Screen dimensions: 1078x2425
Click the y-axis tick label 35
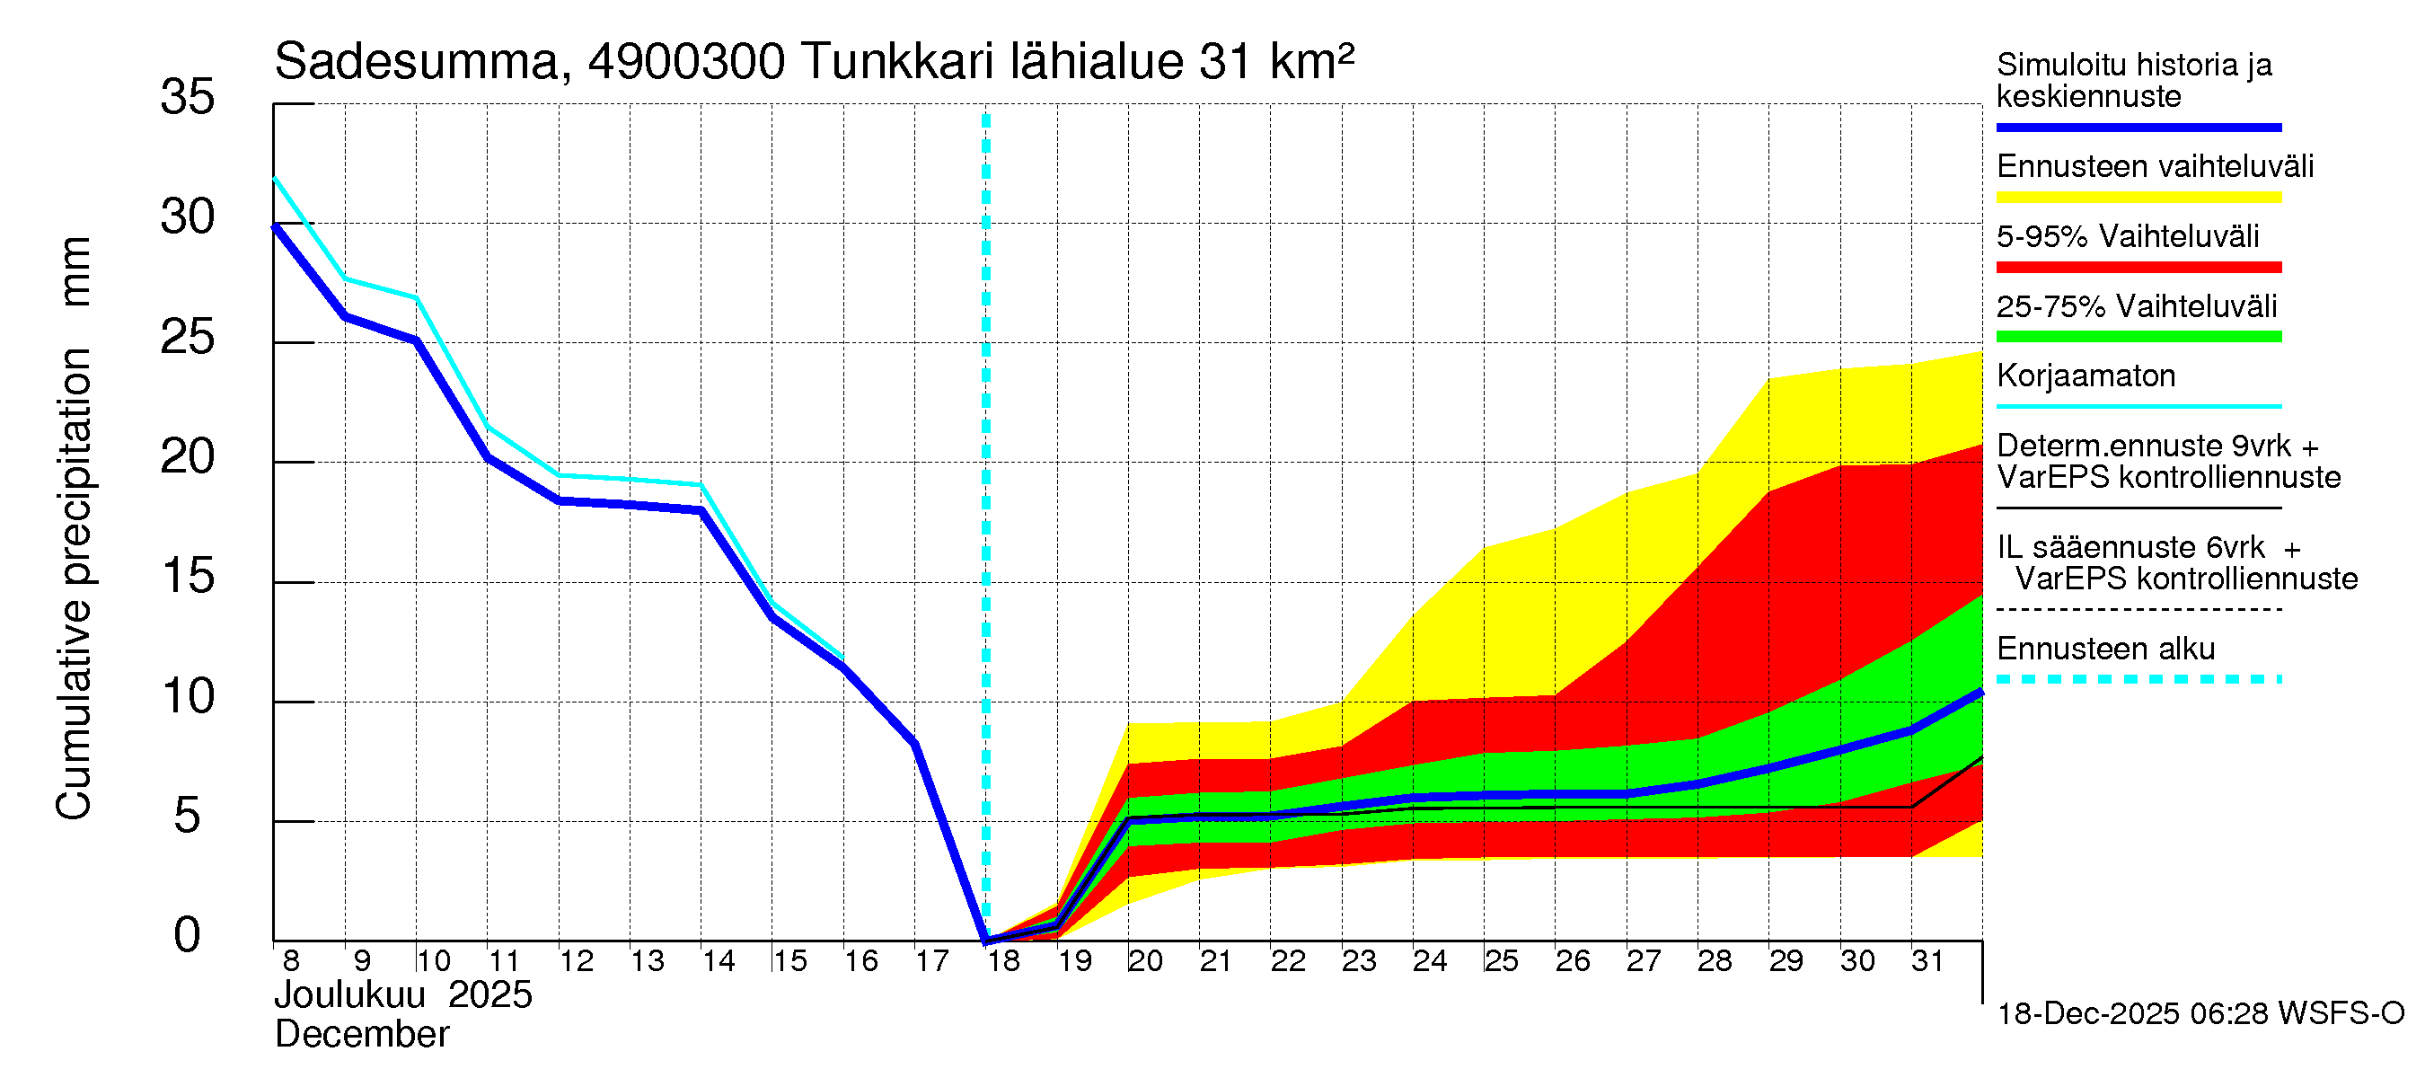tap(188, 97)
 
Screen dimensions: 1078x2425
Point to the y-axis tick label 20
tap(188, 457)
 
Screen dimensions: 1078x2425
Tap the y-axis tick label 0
tap(188, 936)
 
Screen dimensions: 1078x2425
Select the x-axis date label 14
tap(719, 961)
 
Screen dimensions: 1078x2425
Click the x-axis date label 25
tap(1501, 961)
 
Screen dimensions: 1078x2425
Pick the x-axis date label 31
tap(1927, 961)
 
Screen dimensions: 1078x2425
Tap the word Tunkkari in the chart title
tap(898, 62)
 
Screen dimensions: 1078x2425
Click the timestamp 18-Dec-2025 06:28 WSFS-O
tap(2200, 1014)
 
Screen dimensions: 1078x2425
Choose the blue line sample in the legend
tap(2138, 127)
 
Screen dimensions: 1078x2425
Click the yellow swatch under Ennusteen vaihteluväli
tap(2138, 198)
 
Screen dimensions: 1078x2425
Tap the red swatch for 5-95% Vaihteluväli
tap(2138, 268)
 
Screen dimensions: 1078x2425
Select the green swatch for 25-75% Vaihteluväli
tap(2138, 337)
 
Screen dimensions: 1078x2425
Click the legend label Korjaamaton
tap(2085, 376)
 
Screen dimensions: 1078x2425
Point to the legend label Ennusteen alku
tap(2105, 649)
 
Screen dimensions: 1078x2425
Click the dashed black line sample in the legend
tap(2138, 609)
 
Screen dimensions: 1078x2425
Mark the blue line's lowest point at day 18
tap(985, 940)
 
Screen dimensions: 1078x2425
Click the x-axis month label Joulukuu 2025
tap(403, 995)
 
